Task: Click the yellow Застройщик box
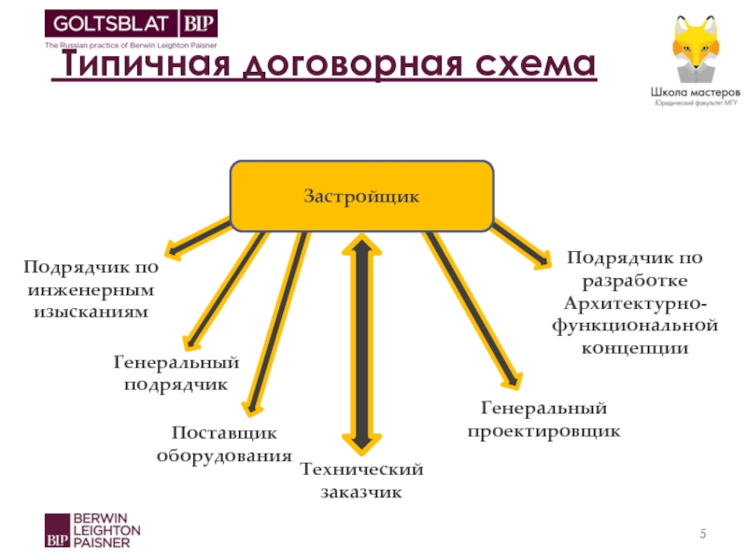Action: pyautogui.click(x=361, y=196)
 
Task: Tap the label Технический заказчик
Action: pyautogui.click(x=361, y=480)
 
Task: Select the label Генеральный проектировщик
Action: pyautogui.click(x=543, y=420)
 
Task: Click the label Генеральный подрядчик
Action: pyautogui.click(x=176, y=372)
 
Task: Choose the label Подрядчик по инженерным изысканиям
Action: pyautogui.click(x=91, y=289)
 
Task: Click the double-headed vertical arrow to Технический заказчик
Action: pyautogui.click(x=361, y=345)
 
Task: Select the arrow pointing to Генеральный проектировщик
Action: pyautogui.click(x=472, y=308)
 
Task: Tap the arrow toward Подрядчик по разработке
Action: pyautogui.click(x=523, y=245)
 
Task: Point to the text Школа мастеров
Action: pyautogui.click(x=697, y=93)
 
